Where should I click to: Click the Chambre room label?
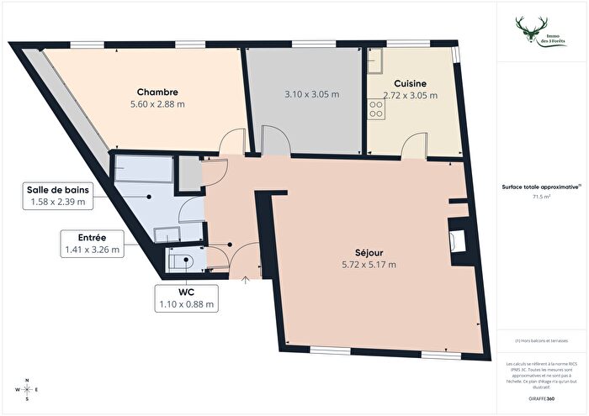157,92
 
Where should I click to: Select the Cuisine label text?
410,83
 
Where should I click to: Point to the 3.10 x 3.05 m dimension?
304,95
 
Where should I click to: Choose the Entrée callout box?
93,243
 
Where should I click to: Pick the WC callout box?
186,298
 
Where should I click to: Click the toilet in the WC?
184,261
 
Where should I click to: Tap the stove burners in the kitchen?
374,108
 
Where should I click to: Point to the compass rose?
27,391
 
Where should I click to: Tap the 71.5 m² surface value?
542,197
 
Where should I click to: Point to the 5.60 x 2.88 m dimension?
157,104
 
